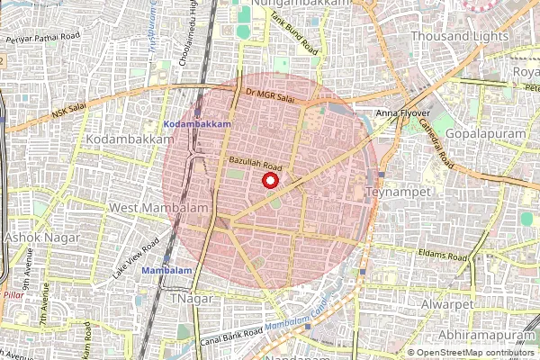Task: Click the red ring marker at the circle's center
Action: point(269,180)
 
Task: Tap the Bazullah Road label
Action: point(256,163)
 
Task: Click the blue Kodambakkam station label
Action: point(198,122)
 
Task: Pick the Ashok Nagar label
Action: point(42,238)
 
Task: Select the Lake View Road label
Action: point(136,257)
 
